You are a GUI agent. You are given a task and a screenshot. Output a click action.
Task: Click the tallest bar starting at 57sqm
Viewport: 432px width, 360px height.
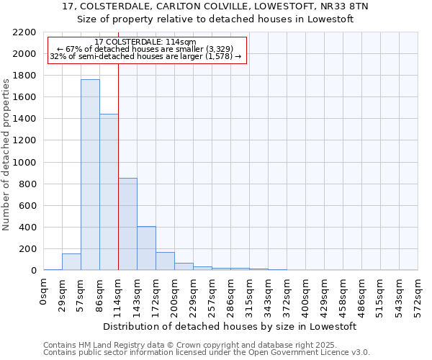pyautogui.click(x=90, y=175)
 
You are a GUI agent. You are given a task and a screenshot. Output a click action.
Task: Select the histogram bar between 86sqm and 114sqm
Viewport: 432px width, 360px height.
pyautogui.click(x=109, y=192)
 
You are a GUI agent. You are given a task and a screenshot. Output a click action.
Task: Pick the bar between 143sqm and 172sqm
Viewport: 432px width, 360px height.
pyautogui.click(x=146, y=248)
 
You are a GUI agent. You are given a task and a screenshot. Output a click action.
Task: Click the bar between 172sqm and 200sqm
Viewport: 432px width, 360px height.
pyautogui.click(x=165, y=261)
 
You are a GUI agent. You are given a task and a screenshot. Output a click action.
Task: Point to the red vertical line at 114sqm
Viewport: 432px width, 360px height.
pyautogui.click(x=118, y=166)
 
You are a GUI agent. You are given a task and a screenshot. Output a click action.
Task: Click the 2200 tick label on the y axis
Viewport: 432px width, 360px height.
pyautogui.click(x=24, y=32)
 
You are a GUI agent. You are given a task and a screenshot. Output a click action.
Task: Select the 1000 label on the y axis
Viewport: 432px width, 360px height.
pyautogui.click(x=24, y=163)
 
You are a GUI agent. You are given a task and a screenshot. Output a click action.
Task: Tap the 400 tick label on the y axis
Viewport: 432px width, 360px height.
pyautogui.click(x=27, y=228)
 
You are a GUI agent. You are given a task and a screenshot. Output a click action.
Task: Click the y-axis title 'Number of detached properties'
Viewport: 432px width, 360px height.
pyautogui.click(x=6, y=155)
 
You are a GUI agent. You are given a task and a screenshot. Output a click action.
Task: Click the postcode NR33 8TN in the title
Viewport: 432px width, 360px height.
pyautogui.click(x=342, y=6)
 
